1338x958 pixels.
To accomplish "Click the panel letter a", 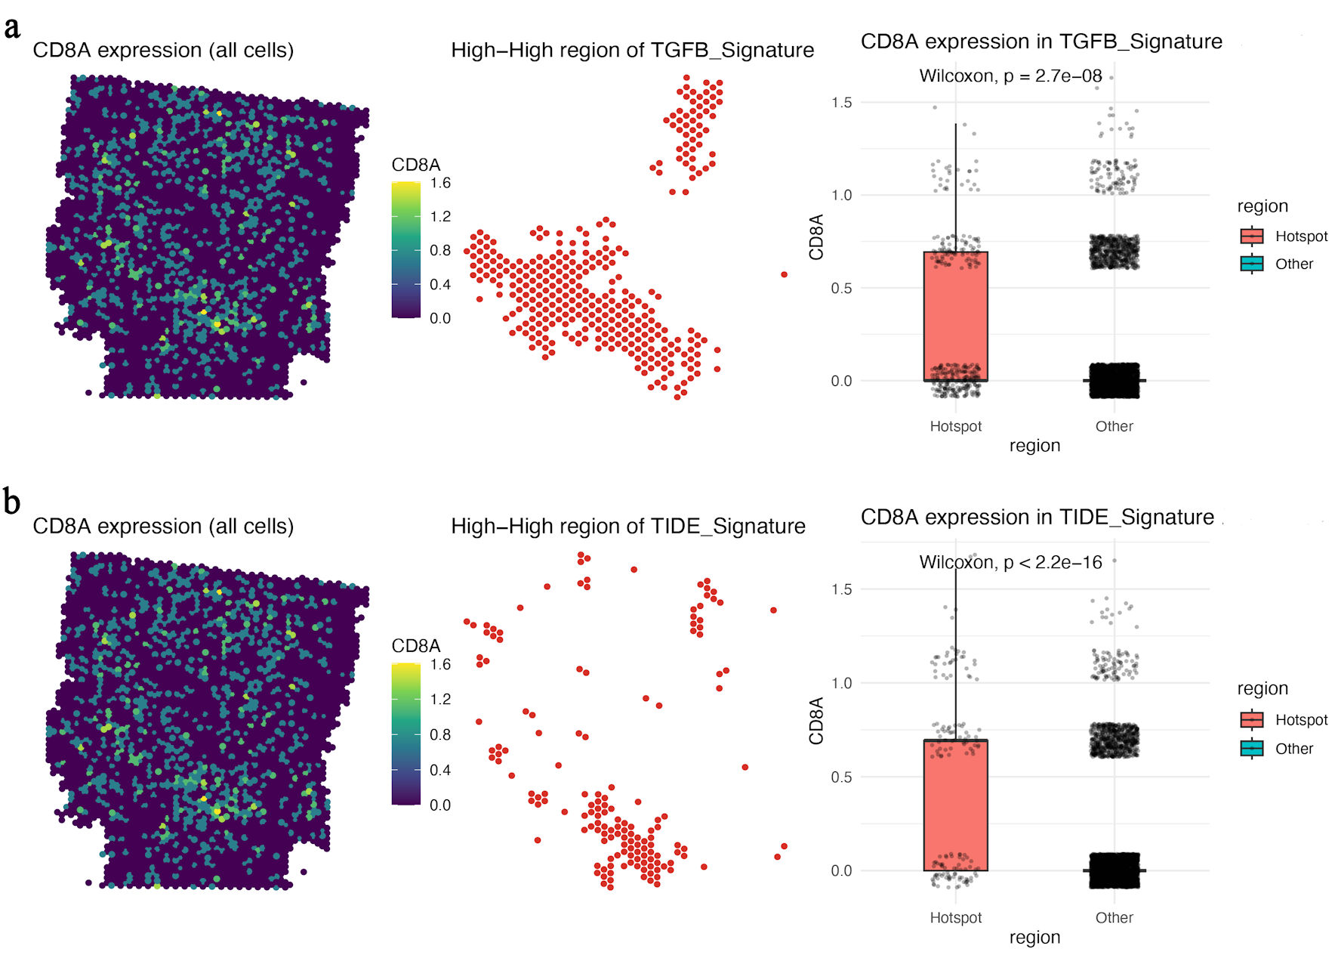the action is point(12,28).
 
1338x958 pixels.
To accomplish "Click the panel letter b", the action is point(12,502).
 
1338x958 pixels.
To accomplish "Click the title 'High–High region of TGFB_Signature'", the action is point(632,51).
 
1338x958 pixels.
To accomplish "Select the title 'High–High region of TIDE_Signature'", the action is point(628,527).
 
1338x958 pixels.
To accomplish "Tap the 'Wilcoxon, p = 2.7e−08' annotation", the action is point(1010,76).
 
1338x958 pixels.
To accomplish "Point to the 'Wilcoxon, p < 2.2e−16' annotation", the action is point(1010,562).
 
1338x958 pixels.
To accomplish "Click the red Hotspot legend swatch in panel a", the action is point(1252,236).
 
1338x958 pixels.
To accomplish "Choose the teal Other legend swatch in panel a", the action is point(1252,264).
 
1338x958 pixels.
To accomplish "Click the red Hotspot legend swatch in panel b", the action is point(1252,720).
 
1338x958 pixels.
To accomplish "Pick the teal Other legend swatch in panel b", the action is point(1252,749).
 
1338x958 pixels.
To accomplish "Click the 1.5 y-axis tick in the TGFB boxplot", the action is point(841,103).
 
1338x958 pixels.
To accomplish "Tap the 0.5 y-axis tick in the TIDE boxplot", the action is point(841,777).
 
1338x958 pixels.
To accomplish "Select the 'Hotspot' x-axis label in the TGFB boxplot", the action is point(955,427).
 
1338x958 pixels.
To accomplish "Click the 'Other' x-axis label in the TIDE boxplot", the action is point(1114,918).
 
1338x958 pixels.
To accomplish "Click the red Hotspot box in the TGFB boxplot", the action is point(955,317).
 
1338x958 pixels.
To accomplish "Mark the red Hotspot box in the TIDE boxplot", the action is point(955,805).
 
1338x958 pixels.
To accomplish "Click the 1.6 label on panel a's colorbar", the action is point(440,184).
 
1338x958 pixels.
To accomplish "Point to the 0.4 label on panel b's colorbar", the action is point(440,771).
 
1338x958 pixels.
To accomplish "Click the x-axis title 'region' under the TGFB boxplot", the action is point(1034,447).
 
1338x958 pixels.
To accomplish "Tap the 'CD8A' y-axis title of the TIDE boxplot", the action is point(816,722).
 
